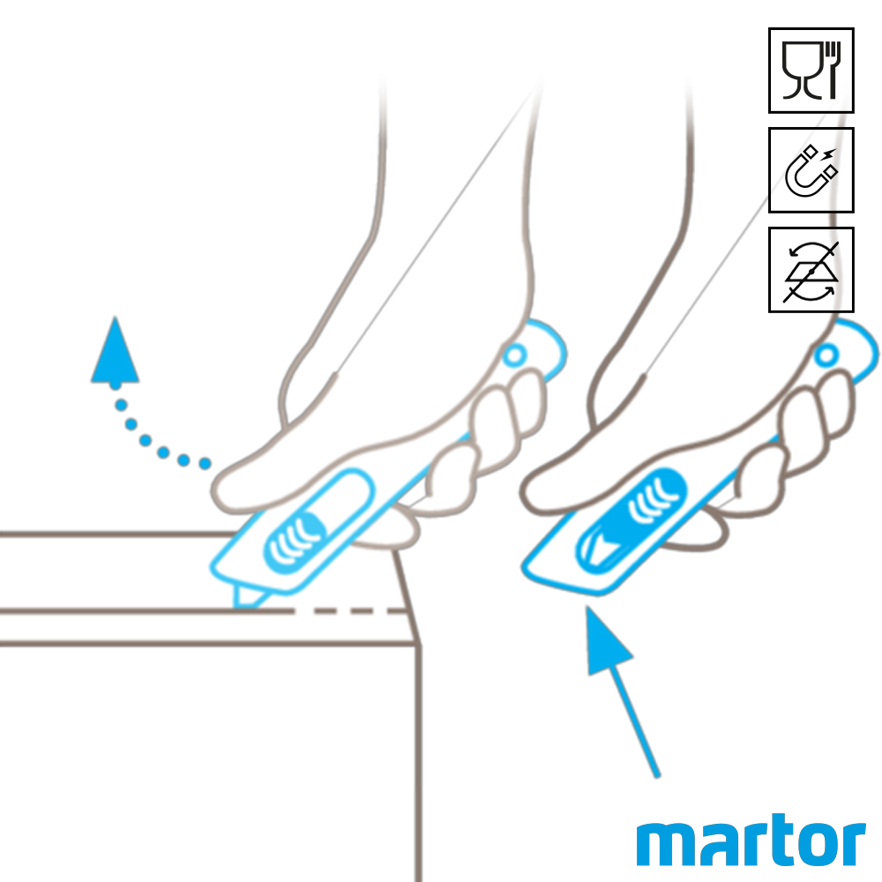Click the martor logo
coord(751,841)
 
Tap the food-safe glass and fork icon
coord(811,71)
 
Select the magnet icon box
coord(811,170)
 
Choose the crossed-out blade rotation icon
coord(811,270)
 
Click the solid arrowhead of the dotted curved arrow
coord(116,352)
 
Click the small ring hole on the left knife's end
coord(514,356)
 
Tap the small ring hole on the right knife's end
coord(826,355)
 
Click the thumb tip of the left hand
coord(222,490)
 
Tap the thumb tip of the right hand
coord(532,490)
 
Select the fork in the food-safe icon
coord(833,70)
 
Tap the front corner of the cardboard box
coord(418,645)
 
